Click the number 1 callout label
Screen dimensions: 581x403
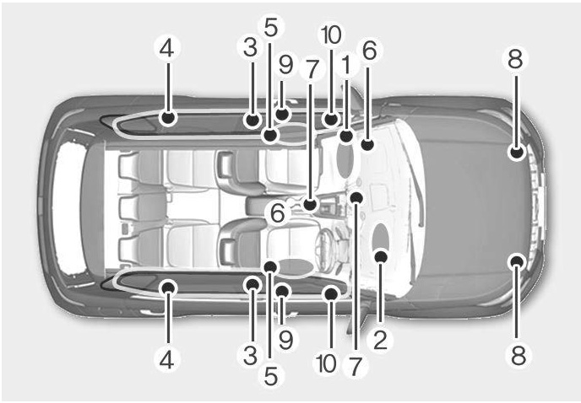pyautogui.click(x=346, y=65)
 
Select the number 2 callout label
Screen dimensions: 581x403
pyautogui.click(x=381, y=340)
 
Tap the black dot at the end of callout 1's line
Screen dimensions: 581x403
pyautogui.click(x=346, y=136)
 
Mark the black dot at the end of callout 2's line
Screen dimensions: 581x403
pyautogui.click(x=382, y=256)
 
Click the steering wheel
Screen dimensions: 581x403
pyautogui.click(x=325, y=244)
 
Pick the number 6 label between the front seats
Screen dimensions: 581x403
pyautogui.click(x=278, y=212)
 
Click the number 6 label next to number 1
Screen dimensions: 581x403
pyautogui.click(x=369, y=50)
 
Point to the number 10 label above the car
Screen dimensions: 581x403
pyautogui.click(x=331, y=35)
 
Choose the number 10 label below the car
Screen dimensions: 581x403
pyautogui.click(x=327, y=363)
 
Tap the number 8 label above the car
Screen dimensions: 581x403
pyautogui.click(x=515, y=58)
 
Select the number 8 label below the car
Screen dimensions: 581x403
pyautogui.click(x=518, y=355)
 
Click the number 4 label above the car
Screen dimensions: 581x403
pyautogui.click(x=166, y=48)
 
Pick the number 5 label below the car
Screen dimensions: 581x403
pyautogui.click(x=271, y=376)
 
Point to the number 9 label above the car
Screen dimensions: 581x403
pyautogui.click(x=285, y=64)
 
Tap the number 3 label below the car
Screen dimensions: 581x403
pyautogui.click(x=251, y=355)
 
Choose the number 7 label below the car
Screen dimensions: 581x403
pyautogui.click(x=355, y=366)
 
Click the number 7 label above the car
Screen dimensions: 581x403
pyautogui.click(x=312, y=69)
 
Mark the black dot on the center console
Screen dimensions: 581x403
pyautogui.click(x=310, y=204)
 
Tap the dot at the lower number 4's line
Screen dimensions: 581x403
pyautogui.click(x=168, y=287)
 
